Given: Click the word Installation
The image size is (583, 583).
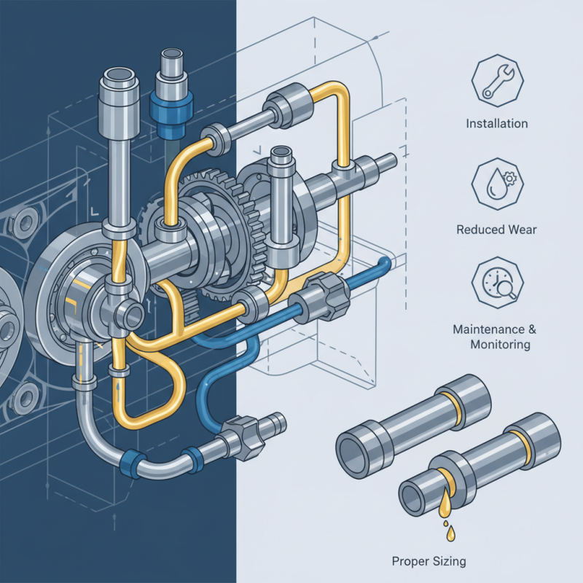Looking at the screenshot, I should (x=497, y=124).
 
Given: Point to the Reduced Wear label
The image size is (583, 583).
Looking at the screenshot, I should (x=496, y=230).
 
